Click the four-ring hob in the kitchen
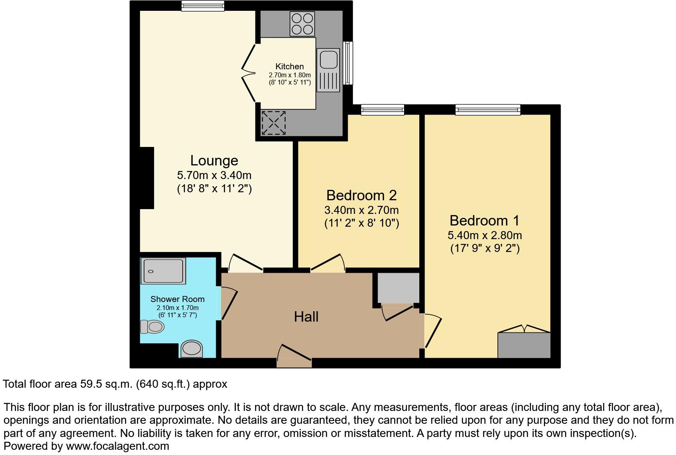pyautogui.click(x=302, y=24)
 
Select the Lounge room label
pyautogui.click(x=214, y=161)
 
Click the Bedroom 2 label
pyautogui.click(x=361, y=195)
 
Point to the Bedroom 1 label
pyautogui.click(x=484, y=221)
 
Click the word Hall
pyautogui.click(x=306, y=317)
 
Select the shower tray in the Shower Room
pyautogui.click(x=163, y=271)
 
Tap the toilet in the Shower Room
pyautogui.click(x=153, y=327)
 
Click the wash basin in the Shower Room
pyautogui.click(x=191, y=348)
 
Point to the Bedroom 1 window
pyautogui.click(x=487, y=109)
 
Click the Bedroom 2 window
pyautogui.click(x=382, y=109)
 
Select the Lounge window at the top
pyautogui.click(x=202, y=6)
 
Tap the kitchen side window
pyautogui.click(x=348, y=63)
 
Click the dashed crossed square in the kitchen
pyautogui.click(x=274, y=123)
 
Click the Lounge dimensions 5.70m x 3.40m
pyautogui.click(x=214, y=175)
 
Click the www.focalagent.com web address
pyautogui.click(x=117, y=446)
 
